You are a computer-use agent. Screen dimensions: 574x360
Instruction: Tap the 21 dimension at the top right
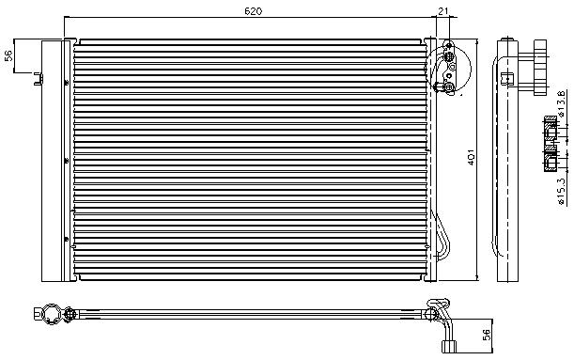442,10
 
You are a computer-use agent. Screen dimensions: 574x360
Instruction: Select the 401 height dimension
473,160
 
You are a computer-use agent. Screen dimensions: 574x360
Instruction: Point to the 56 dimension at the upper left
8,55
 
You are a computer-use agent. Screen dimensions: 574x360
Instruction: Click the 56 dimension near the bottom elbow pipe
486,335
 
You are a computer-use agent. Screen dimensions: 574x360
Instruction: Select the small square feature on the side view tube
507,76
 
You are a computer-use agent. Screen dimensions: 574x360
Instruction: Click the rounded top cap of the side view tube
507,44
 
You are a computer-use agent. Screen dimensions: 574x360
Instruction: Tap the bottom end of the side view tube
507,275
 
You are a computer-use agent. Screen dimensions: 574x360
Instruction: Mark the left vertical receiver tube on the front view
66,160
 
